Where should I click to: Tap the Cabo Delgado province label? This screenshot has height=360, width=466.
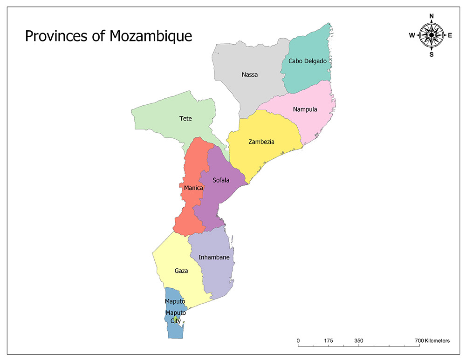307,61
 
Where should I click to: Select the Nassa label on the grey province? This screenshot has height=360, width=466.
250,75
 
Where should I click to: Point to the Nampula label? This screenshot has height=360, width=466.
305,109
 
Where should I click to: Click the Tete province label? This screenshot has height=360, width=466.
185,118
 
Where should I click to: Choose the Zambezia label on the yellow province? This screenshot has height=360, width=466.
261,142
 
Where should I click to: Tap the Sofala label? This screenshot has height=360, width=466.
221,180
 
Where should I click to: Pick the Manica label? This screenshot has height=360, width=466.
193,188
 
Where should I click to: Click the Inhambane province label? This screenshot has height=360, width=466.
214,257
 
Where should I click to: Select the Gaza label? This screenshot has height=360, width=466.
181,271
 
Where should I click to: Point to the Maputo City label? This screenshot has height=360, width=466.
175,317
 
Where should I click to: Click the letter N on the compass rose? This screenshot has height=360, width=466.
432,16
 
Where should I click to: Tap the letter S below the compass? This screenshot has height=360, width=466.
432,54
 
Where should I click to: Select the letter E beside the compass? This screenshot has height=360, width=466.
450,35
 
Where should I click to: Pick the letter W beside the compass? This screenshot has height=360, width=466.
412,35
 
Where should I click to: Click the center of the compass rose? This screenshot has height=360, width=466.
432,35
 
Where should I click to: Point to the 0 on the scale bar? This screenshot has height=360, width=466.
298,341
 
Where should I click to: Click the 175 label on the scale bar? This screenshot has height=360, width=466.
329,341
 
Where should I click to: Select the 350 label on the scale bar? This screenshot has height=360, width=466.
359,341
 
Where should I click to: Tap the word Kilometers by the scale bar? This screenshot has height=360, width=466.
437,341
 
